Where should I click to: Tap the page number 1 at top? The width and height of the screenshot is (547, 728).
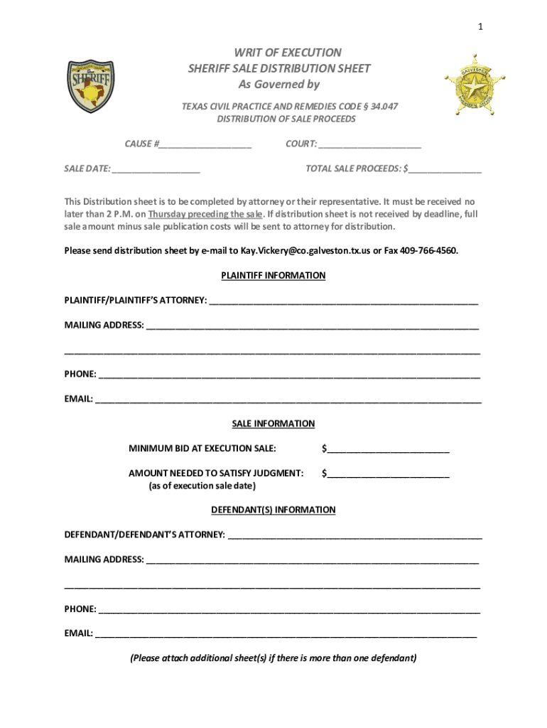tap(481, 27)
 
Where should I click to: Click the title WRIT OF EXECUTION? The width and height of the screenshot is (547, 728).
tap(278, 53)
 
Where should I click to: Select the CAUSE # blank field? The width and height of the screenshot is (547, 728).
tap(205, 144)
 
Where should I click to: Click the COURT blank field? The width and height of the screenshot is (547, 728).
tap(369, 144)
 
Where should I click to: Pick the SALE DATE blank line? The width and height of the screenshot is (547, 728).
tap(156, 169)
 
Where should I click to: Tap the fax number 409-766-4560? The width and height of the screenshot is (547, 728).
tap(429, 250)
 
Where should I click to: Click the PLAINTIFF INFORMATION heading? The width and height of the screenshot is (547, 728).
tap(273, 275)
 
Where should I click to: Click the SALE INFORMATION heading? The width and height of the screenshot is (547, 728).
tap(273, 424)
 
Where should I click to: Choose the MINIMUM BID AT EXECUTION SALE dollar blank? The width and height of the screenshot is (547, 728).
tap(388, 449)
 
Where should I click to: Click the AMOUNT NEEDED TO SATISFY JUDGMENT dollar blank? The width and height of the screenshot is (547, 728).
tap(388, 473)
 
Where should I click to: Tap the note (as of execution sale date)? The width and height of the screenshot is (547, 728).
tap(202, 486)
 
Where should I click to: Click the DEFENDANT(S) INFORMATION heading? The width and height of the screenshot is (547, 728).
tap(273, 510)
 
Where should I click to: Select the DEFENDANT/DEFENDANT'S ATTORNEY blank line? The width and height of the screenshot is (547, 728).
tap(354, 535)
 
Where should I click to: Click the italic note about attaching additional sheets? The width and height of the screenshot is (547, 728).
tap(273, 658)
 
